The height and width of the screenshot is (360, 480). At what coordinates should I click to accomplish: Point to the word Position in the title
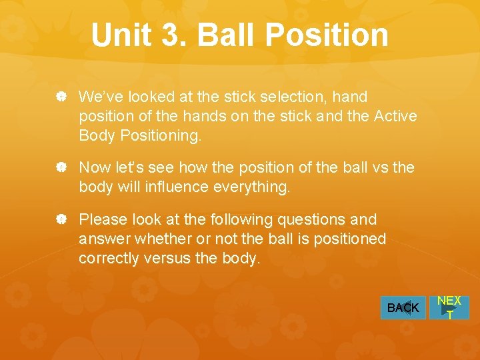[328, 35]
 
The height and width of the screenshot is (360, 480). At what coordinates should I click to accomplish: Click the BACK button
[403, 307]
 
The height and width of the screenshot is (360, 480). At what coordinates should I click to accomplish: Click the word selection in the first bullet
[297, 97]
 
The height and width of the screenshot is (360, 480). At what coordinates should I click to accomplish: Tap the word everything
[252, 187]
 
